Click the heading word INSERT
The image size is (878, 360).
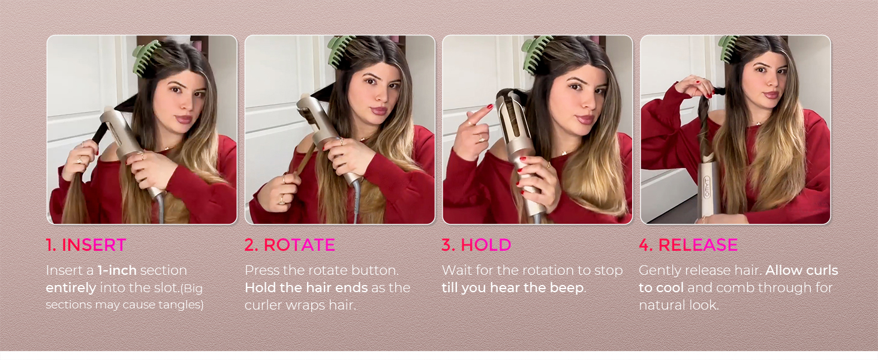(x=94, y=245)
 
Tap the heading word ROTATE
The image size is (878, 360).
(x=299, y=245)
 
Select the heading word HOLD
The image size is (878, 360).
(x=486, y=245)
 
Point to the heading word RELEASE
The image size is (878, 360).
(x=698, y=245)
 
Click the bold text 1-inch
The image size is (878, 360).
(x=117, y=270)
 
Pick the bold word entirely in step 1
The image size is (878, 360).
(x=71, y=288)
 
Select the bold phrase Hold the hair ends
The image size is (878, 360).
(x=306, y=288)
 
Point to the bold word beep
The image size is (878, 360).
(x=567, y=288)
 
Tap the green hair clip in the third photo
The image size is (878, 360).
(x=536, y=55)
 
